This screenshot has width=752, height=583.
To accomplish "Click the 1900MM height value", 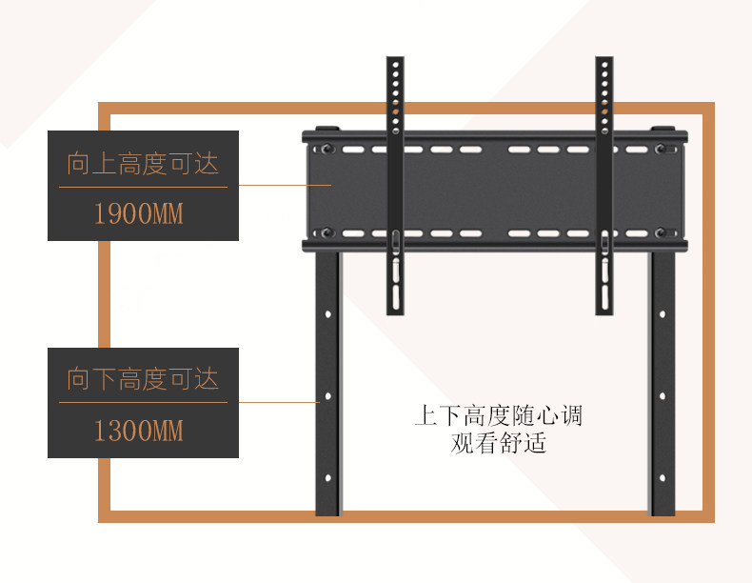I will point(138,213).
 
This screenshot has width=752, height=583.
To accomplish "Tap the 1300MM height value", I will point(138,431).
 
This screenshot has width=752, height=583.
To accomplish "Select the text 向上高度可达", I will point(143,164).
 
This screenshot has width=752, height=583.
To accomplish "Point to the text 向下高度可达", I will point(143,380).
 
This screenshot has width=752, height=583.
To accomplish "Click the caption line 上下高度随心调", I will point(498,416).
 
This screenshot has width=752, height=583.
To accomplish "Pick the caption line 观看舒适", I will point(498,443).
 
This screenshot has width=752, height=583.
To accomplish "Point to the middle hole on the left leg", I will point(327,395).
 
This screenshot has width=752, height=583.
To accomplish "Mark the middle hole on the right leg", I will point(663,395).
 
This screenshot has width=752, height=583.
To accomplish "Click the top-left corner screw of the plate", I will point(327,150).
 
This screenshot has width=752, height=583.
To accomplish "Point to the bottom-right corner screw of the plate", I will point(663,231).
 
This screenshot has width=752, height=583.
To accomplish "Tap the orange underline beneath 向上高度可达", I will point(143,187).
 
